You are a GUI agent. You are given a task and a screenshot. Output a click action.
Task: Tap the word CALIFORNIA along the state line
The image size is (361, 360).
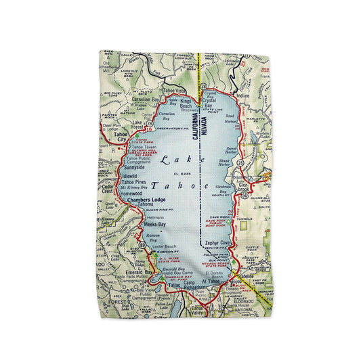194,129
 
